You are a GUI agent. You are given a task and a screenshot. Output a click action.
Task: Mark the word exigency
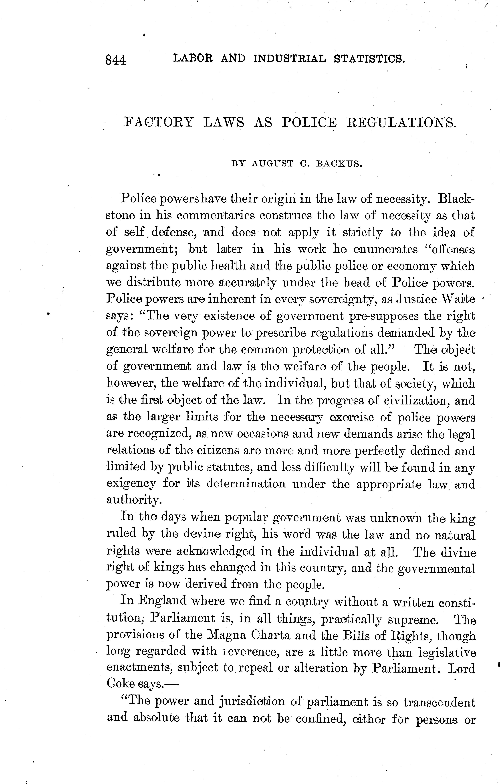pyautogui.click(x=132, y=484)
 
